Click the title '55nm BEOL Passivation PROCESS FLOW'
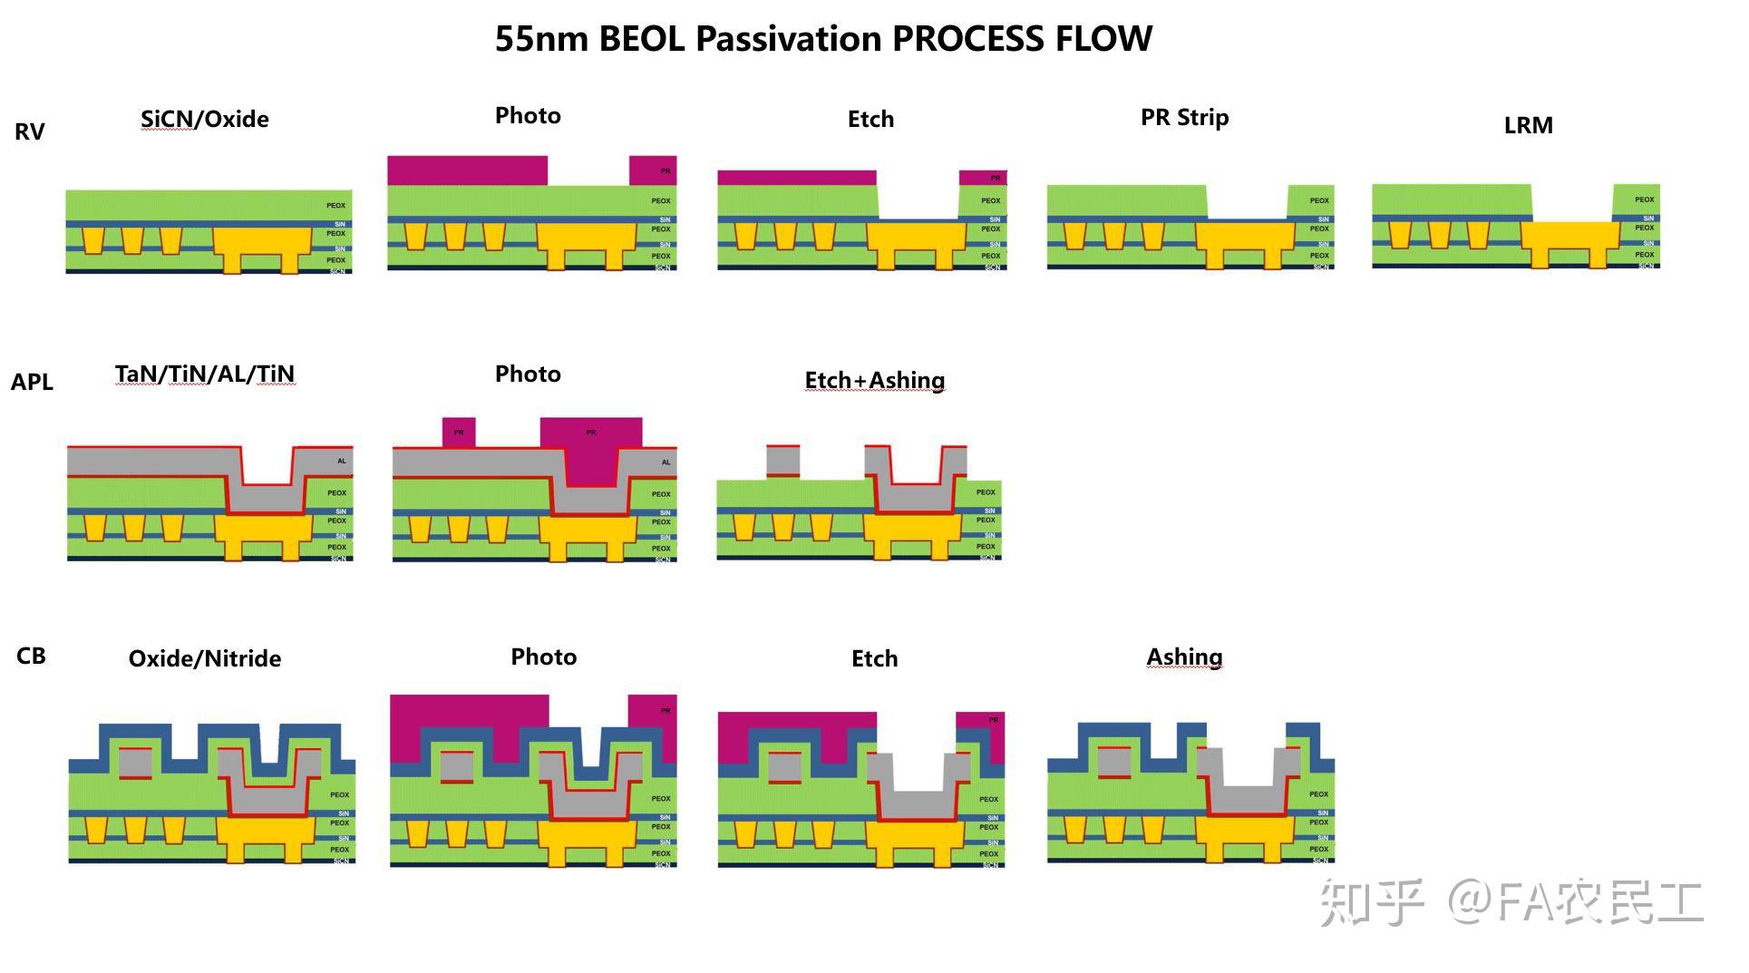click(823, 39)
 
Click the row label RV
click(30, 131)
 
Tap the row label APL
click(32, 382)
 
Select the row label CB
click(31, 656)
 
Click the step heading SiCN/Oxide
click(205, 119)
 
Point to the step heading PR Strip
click(1184, 117)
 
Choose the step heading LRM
click(1528, 125)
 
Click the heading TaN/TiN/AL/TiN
click(205, 374)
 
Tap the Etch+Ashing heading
click(874, 380)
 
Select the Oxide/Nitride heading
click(205, 658)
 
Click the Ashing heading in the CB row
click(1184, 656)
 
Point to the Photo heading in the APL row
click(528, 374)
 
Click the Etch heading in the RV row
click(870, 119)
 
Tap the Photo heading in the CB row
click(543, 657)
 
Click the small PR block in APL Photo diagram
click(459, 433)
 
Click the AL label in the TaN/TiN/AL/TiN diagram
click(342, 461)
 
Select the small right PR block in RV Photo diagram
click(653, 170)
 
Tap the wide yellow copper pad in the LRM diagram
click(1569, 234)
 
